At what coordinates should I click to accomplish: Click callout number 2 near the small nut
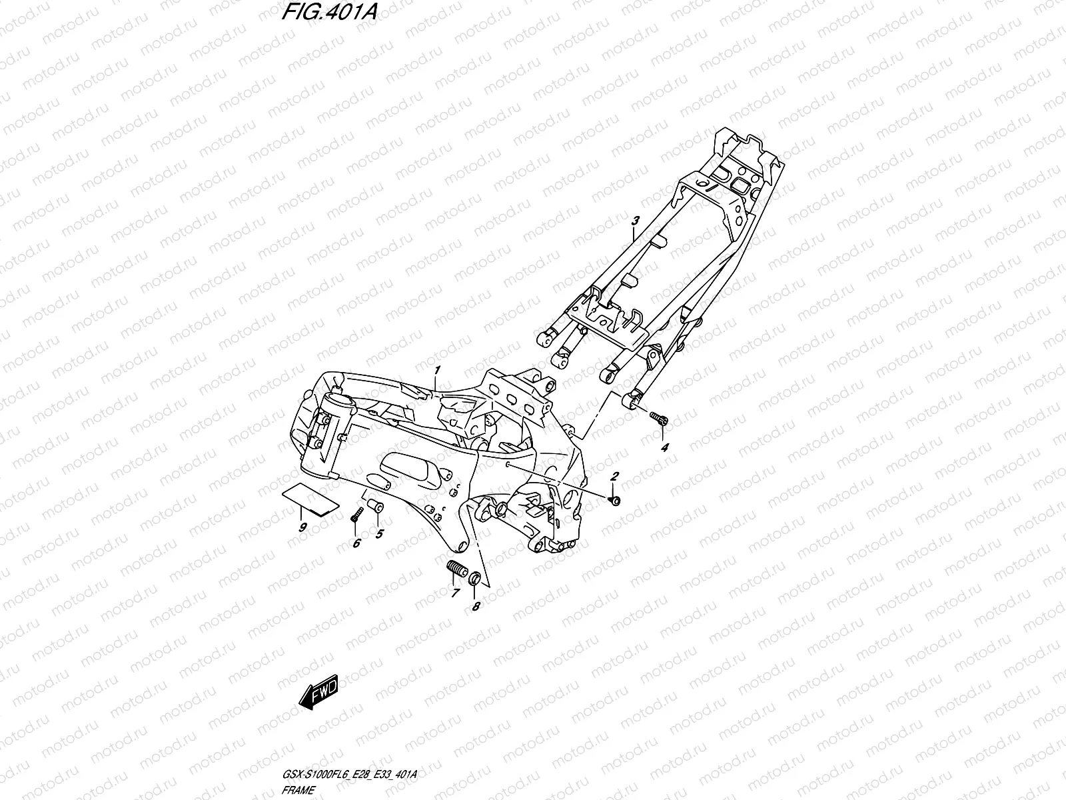point(615,476)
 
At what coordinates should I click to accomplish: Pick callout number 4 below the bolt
point(664,447)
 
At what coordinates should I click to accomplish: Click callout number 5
point(379,533)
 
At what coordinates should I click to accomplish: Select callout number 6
point(356,543)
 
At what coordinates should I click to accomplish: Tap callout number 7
point(456,593)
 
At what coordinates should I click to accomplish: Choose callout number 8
point(475,606)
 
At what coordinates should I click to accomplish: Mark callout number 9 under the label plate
point(303,527)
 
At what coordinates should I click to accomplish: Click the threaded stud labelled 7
point(454,570)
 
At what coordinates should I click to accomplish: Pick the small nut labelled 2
point(614,500)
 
